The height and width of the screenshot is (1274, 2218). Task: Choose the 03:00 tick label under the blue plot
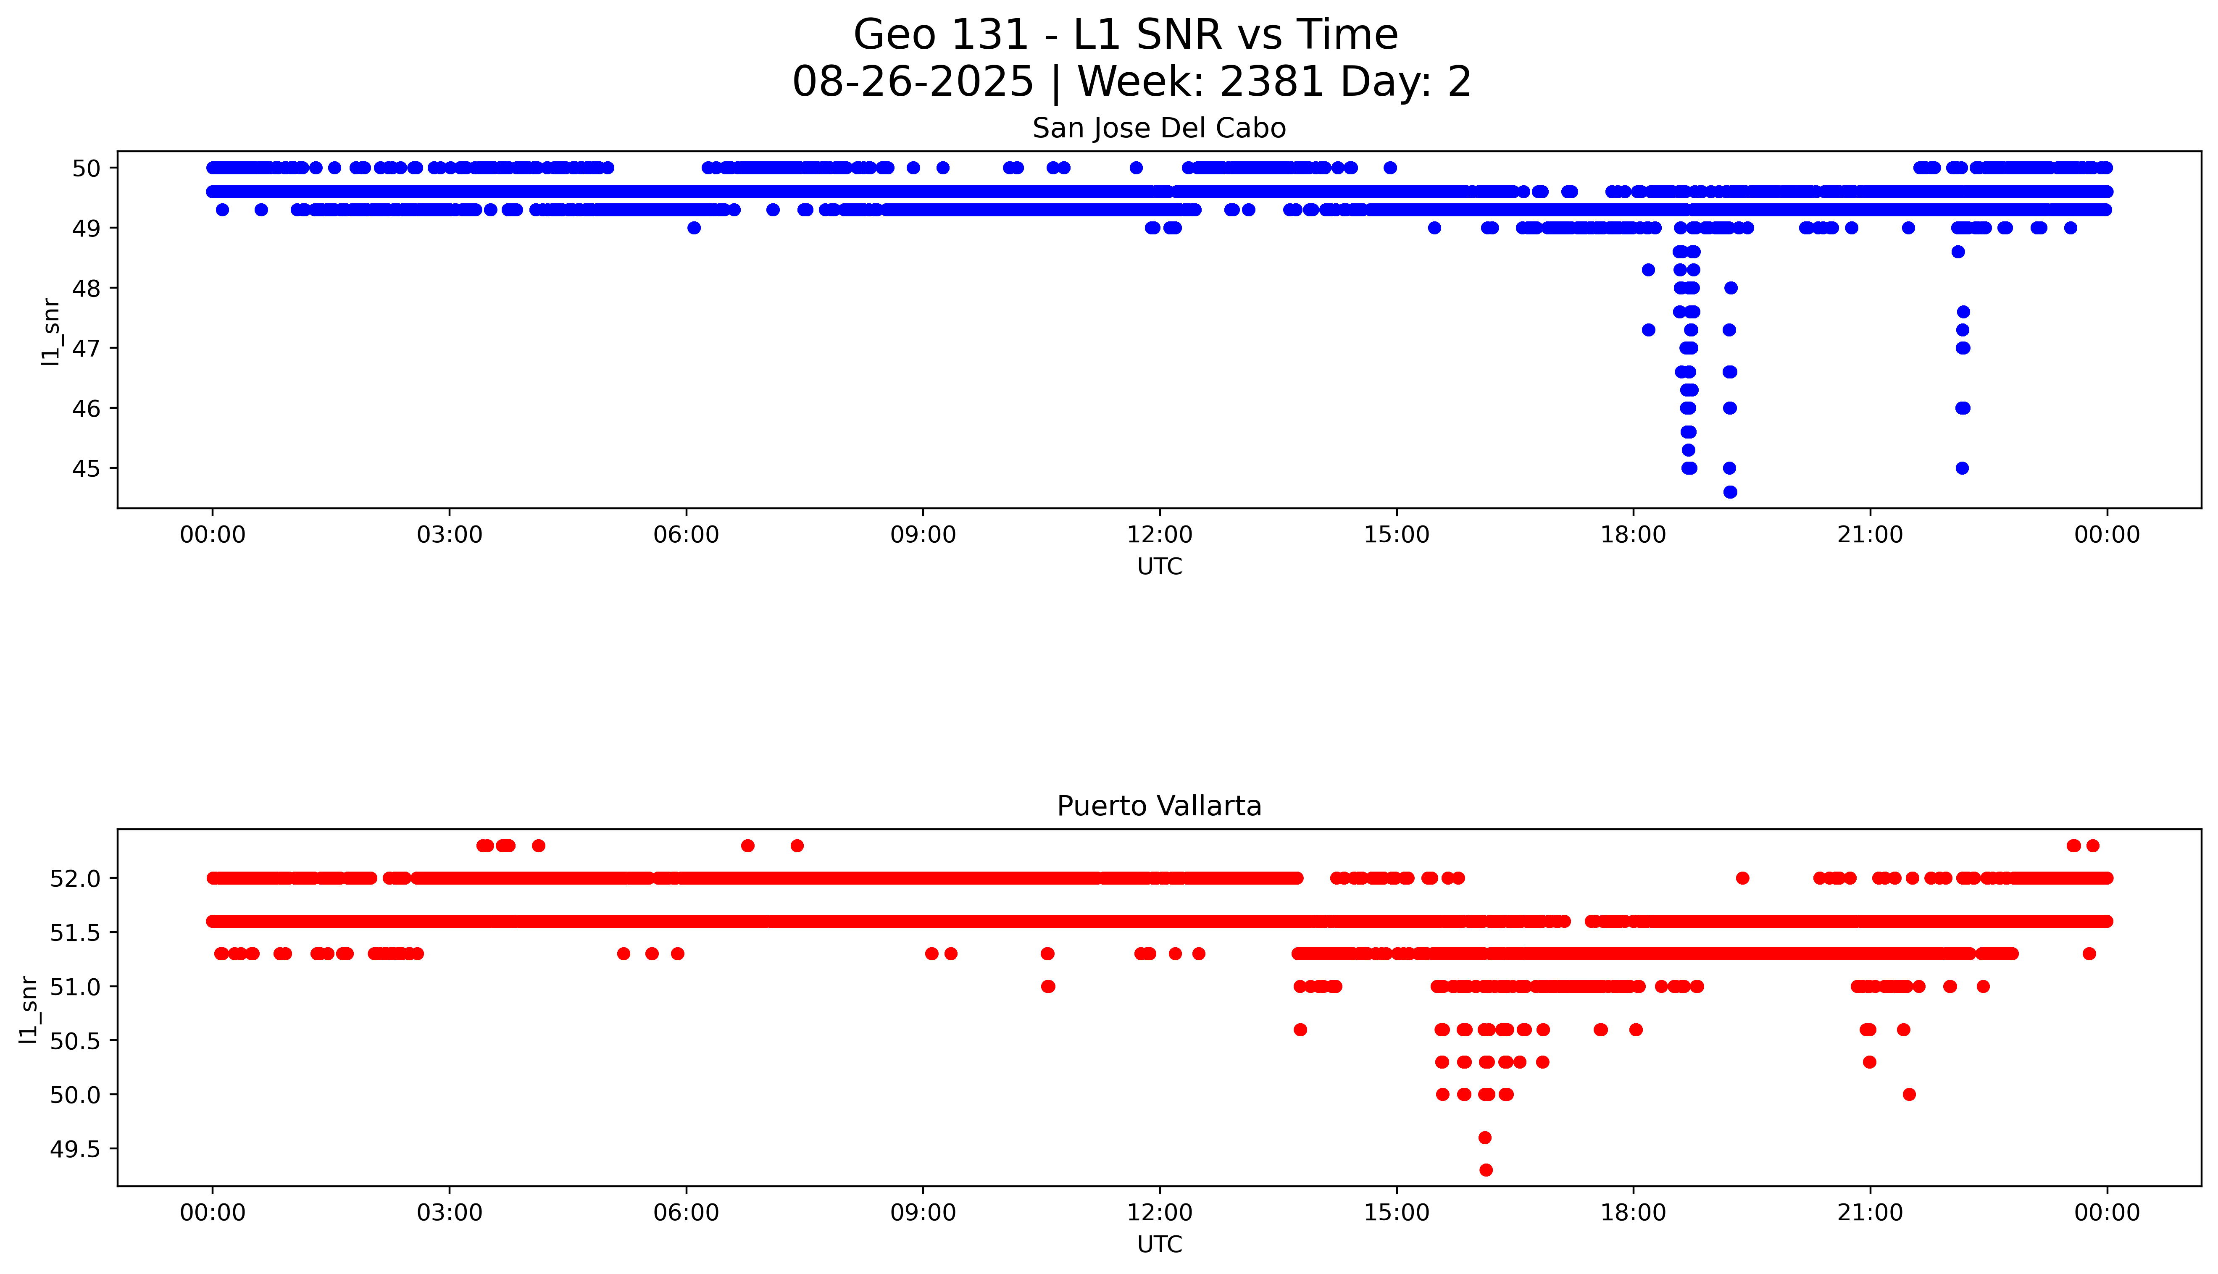point(450,535)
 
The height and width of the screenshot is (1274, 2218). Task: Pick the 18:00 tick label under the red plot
point(1633,1213)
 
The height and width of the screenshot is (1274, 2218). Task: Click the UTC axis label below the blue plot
point(1159,567)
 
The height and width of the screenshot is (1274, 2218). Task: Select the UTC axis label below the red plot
point(1159,1244)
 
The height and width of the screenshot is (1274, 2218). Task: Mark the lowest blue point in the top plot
point(1730,492)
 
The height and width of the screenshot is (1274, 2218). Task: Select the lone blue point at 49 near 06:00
point(694,228)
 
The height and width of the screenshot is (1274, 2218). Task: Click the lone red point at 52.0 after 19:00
point(1742,877)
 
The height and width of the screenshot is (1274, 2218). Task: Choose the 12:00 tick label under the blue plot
point(1159,535)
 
